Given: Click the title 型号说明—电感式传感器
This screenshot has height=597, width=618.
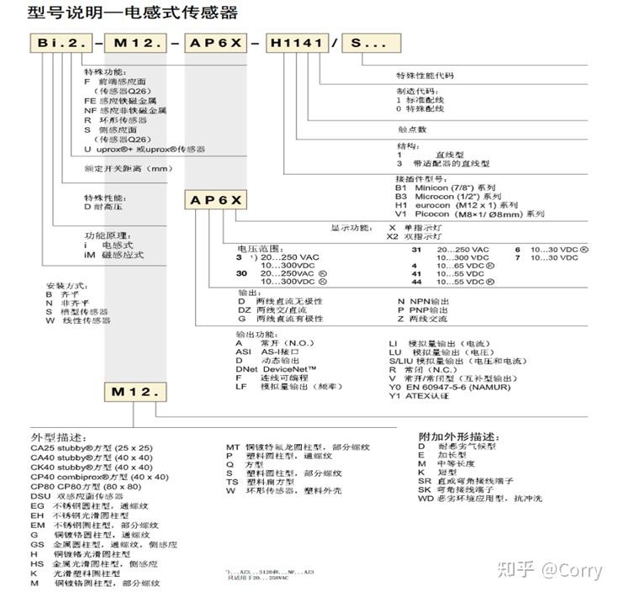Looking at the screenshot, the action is (123, 12).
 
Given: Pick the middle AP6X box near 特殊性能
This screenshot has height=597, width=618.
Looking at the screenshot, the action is (215, 200).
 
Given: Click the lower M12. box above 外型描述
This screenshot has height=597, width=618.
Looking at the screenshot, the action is (135, 392).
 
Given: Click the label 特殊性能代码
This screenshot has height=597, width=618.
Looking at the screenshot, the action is (425, 76).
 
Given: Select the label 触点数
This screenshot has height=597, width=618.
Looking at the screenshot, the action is (411, 129).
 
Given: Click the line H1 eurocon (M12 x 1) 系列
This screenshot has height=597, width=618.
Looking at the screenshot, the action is (457, 204).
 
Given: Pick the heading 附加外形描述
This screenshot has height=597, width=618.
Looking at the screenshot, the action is (458, 437).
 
